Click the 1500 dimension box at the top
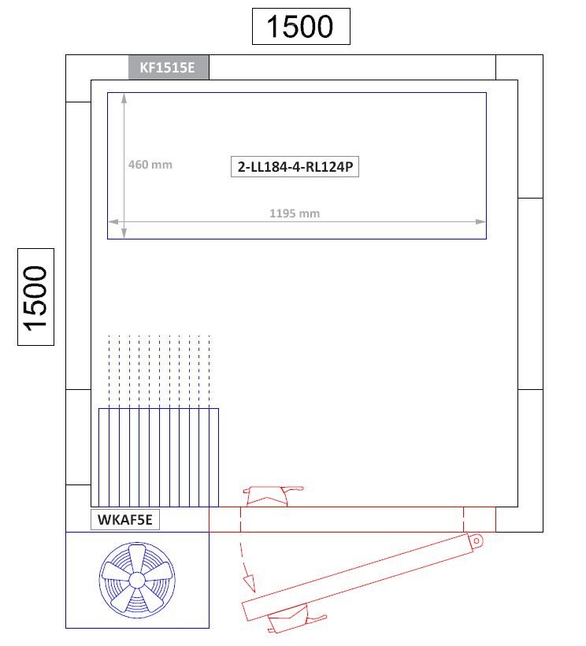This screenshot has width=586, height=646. [301, 26]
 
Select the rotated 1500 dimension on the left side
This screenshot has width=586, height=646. [35, 297]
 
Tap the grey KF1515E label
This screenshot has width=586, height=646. [169, 67]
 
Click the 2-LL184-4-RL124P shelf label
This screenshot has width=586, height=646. [295, 167]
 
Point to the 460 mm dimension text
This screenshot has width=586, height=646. [150, 165]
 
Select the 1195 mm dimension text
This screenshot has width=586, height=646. [295, 213]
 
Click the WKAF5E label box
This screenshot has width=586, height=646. [125, 519]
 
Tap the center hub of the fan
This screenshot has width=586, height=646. [137, 580]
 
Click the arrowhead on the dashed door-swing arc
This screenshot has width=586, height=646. [250, 585]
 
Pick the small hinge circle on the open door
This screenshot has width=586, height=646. [476, 540]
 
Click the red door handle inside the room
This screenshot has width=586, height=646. [273, 496]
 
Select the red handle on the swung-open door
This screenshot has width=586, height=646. [296, 618]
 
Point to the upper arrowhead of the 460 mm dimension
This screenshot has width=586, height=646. [124, 98]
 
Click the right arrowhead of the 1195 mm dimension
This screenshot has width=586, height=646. [480, 221]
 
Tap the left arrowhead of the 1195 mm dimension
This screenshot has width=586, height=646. [113, 221]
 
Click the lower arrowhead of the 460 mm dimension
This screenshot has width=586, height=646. [124, 234]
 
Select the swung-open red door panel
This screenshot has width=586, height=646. [362, 577]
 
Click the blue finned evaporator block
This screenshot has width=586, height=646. [158, 457]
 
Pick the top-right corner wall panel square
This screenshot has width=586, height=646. [519, 67]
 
